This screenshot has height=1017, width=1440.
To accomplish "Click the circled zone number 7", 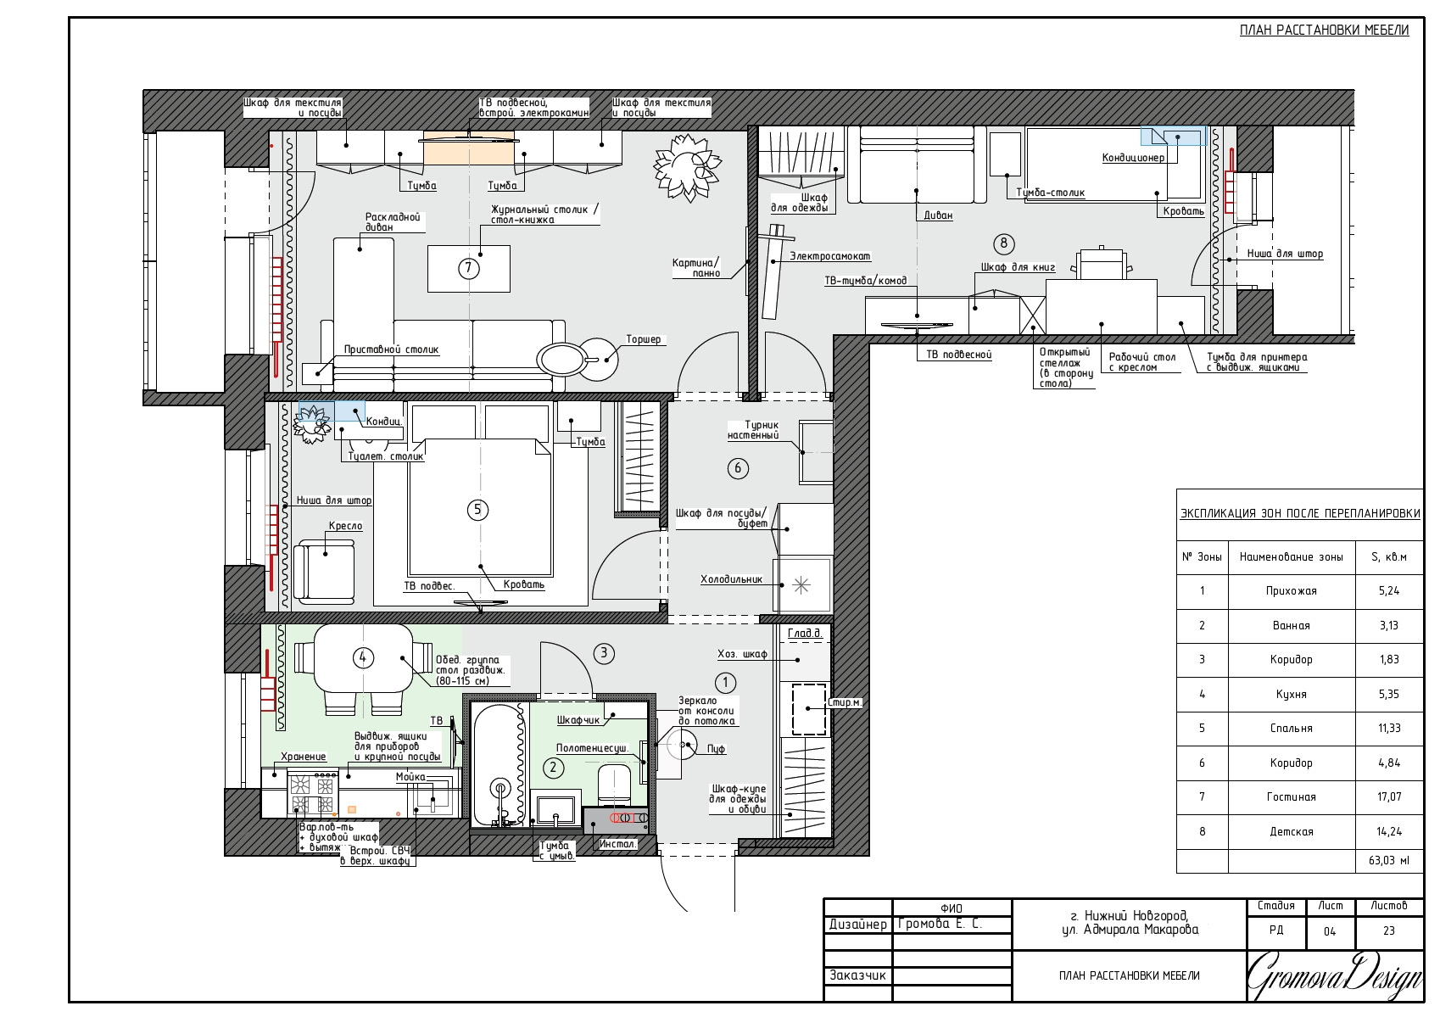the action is click(469, 268).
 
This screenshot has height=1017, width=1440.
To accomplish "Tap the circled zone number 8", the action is click(1003, 243).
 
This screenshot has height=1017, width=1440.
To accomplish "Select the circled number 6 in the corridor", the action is click(737, 468).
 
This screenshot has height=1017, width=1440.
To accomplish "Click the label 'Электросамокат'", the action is click(830, 256).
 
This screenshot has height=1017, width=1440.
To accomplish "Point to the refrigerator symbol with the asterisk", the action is click(801, 585).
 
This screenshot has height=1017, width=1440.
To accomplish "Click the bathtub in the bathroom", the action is click(500, 765).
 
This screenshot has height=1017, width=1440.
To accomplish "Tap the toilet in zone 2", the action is click(615, 785).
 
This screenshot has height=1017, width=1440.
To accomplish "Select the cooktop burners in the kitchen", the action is click(312, 796).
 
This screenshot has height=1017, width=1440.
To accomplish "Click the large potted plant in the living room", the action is click(687, 167).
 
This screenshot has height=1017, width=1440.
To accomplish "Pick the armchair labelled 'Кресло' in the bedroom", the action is click(324, 571).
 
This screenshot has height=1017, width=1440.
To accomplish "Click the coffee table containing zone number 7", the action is click(469, 268).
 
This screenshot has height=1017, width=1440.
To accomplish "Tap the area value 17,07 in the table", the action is click(1388, 796).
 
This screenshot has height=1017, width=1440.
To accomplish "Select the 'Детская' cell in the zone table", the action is click(1291, 831).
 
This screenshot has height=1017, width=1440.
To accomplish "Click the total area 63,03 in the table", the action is click(1388, 860).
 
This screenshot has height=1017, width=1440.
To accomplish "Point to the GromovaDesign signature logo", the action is click(1334, 976).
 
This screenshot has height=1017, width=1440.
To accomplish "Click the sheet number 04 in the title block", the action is click(1330, 931).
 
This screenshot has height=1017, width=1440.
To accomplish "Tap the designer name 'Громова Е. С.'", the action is click(940, 924).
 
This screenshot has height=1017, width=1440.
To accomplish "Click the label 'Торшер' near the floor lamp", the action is click(643, 338).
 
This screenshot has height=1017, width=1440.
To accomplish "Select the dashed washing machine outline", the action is click(809, 710).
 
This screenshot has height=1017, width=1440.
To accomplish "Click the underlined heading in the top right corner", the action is click(1325, 30).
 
